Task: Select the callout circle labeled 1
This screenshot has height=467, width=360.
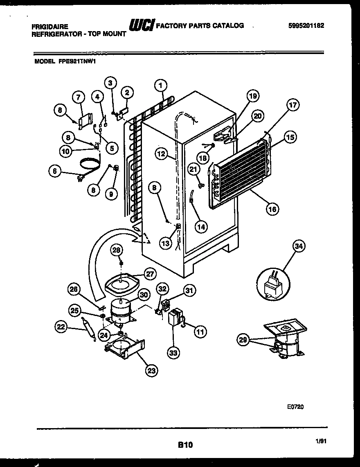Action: [x=161, y=85]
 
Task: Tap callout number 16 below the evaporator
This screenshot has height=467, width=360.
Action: [x=272, y=209]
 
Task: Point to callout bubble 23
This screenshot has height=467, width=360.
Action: [x=152, y=371]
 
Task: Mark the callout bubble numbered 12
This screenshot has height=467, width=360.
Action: [x=161, y=154]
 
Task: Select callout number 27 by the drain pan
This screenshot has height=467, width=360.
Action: [x=150, y=274]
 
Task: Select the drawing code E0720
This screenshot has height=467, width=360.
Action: [x=295, y=407]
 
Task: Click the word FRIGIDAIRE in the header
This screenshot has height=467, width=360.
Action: [x=47, y=26]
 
